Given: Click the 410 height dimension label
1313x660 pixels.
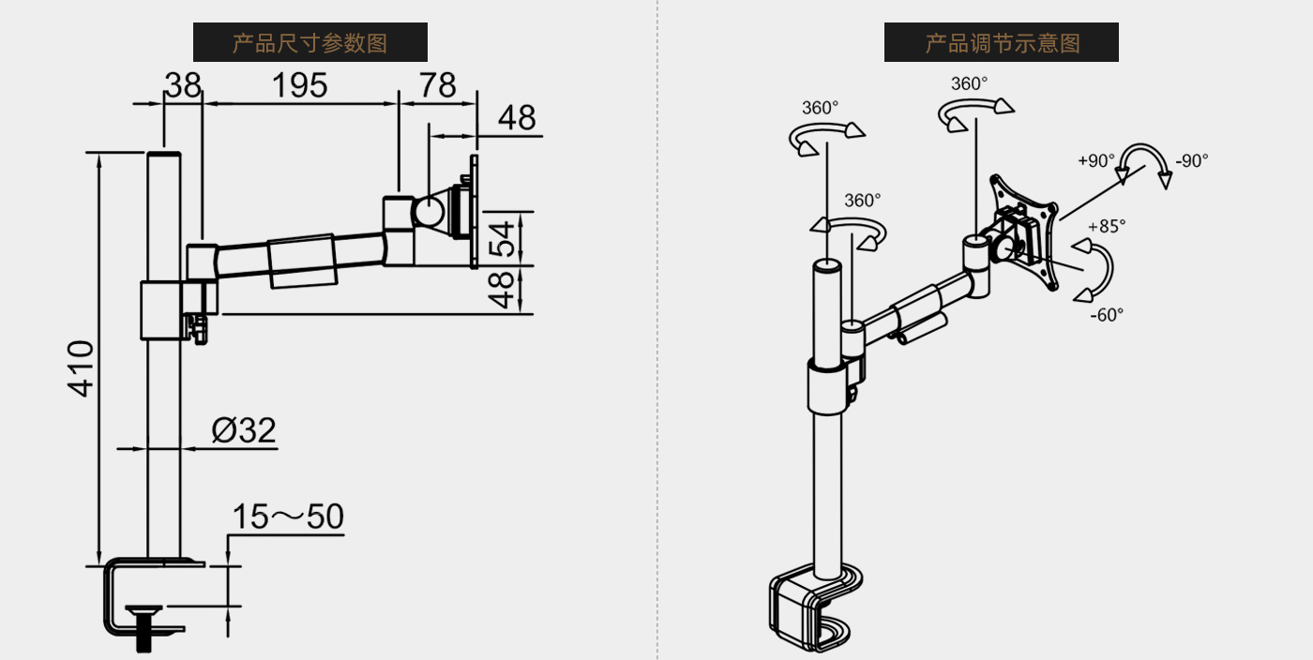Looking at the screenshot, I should coord(83,368).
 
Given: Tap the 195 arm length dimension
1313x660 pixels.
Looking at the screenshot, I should coord(299,85).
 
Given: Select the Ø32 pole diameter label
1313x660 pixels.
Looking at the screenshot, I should coord(244,430).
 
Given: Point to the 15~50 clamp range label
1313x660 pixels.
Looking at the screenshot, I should coord(288,517).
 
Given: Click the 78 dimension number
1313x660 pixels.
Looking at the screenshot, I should coord(437,85).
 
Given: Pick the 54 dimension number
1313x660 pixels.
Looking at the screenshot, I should coord(505,238).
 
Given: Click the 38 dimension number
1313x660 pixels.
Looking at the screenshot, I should coord(183,85).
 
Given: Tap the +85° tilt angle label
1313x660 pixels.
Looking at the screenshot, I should coord(1107,226).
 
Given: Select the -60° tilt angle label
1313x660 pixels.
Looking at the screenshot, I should coord(1107,315).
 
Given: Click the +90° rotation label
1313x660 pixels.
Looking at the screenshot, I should coord(1096,160).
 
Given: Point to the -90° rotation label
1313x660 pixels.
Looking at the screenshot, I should coord(1191,160).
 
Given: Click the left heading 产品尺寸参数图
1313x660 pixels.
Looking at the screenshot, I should coord(309,42).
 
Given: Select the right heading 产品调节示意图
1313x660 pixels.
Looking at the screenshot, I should coord(1002,42).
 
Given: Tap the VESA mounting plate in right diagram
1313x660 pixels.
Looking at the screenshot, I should coord(1025,230).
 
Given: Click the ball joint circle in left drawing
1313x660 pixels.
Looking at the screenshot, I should coord(429,209).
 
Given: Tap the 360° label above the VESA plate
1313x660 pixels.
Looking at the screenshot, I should coord(969,83).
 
